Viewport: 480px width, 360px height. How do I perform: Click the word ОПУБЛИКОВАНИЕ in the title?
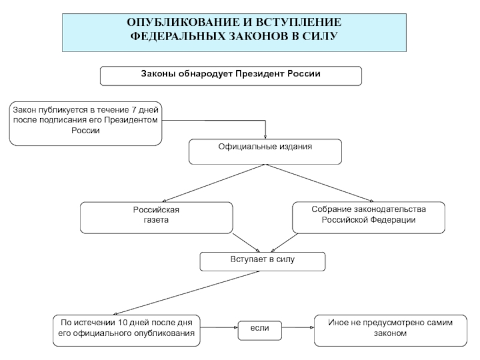click(x=184, y=22)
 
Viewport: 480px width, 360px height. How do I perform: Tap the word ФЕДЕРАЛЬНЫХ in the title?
click(x=178, y=36)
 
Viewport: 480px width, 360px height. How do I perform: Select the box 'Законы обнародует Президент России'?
click(x=231, y=76)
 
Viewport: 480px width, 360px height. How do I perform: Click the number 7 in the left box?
click(x=133, y=110)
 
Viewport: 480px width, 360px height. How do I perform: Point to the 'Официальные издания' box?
click(x=265, y=152)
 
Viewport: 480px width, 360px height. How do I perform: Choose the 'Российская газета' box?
click(x=157, y=218)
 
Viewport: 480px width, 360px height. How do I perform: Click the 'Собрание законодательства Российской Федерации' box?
click(x=368, y=218)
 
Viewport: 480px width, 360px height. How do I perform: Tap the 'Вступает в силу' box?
click(x=262, y=262)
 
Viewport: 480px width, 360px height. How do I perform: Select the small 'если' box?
click(x=260, y=331)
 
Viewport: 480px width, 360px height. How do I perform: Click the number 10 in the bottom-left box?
click(x=122, y=323)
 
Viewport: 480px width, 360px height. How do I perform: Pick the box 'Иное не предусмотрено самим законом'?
click(x=391, y=331)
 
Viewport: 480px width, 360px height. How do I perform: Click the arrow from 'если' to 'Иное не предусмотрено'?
click(x=298, y=328)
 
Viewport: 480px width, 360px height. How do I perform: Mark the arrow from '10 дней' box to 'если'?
click(x=219, y=328)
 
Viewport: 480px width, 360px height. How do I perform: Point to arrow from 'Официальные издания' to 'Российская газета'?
click(x=214, y=184)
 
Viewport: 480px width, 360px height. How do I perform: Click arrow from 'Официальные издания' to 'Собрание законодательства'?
click(x=320, y=184)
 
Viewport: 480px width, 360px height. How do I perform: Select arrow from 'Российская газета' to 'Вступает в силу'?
click(x=247, y=243)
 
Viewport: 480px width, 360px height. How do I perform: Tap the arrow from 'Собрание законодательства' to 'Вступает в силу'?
click(x=284, y=243)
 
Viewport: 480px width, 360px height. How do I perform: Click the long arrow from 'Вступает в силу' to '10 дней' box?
click(x=186, y=293)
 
